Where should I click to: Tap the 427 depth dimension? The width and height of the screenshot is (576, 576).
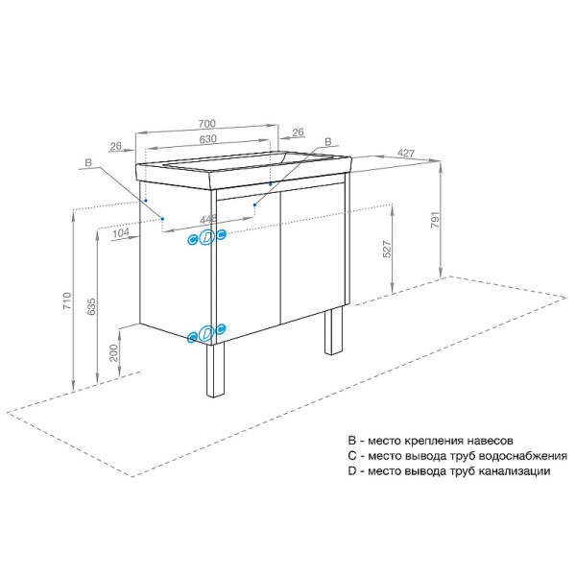click(x=405, y=154)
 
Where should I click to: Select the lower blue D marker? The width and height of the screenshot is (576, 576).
click(x=206, y=332)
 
